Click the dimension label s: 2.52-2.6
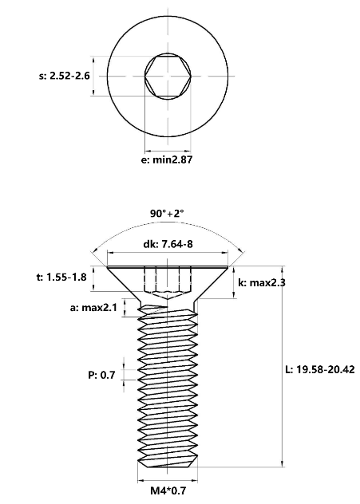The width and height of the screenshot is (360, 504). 65,77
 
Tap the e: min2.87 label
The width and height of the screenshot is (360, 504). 167,159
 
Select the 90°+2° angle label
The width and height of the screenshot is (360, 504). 167,213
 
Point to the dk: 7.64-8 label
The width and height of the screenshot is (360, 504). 168,244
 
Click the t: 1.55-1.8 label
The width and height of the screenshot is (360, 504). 61,277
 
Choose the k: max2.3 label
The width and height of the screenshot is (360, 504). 262,282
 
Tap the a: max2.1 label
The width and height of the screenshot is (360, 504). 93,308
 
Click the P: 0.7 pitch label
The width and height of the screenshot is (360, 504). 101,375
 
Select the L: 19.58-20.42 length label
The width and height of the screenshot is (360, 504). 320,369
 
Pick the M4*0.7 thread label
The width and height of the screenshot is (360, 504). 168,490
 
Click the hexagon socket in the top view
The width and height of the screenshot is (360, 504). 168,77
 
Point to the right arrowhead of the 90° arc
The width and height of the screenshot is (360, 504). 240,250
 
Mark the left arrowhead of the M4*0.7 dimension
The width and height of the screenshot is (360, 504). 141,481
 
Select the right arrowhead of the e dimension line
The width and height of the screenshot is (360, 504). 187,151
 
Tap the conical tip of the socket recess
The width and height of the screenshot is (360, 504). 168,299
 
